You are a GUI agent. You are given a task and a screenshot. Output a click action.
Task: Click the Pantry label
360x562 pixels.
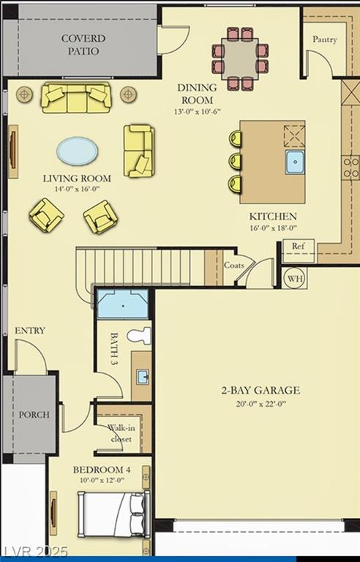pos(324,40)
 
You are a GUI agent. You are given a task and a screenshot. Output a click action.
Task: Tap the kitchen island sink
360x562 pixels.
pos(295,162)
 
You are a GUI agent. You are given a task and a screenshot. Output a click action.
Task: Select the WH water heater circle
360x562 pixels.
pos(295,279)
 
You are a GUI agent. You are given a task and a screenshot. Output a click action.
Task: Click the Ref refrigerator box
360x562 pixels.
pos(299,246)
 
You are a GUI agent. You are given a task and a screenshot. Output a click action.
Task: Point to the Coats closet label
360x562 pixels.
pos(234,265)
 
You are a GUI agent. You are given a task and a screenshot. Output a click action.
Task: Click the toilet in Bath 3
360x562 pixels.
pos(140,336)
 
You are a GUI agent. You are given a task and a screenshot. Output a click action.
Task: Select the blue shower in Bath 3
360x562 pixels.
pos(123,304)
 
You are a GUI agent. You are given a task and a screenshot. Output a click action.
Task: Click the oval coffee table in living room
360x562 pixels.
pos(77,151)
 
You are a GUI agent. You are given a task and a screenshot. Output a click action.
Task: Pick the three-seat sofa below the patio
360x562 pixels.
pos(76,98)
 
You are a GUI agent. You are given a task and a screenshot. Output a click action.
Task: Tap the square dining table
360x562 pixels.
pos(239,59)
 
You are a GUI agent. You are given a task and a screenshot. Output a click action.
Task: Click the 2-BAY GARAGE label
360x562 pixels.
pos(260,390)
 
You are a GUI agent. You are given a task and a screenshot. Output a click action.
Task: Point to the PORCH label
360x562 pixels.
pos(34,415)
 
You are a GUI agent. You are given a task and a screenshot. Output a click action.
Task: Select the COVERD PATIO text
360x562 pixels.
pos(83,45)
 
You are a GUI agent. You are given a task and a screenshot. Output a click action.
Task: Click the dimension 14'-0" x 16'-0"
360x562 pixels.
pos(77,189)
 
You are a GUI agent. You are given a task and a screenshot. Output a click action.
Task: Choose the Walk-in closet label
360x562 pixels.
pos(121,433)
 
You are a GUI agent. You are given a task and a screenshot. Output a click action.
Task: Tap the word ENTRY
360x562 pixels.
pos(30,331)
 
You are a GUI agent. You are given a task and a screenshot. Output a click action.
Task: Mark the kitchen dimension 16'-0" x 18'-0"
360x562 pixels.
pos(273,228)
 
